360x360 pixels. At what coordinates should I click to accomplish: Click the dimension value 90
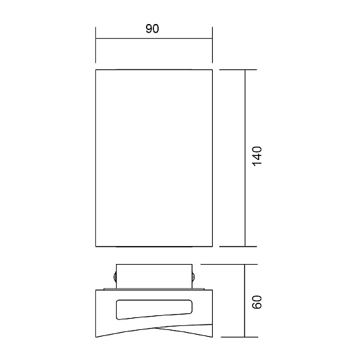point(152,29)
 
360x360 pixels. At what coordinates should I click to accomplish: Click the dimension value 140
point(257,156)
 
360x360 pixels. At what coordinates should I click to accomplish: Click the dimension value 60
point(257,302)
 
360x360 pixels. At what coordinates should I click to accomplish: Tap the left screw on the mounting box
point(115,276)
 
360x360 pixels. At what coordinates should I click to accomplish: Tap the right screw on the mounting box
point(193,276)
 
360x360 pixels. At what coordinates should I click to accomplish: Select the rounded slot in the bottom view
point(154,309)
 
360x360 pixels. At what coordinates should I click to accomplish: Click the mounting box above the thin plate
point(154,276)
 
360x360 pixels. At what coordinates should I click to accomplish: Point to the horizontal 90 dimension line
point(154,39)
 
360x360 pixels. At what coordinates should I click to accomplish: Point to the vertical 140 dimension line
point(245,158)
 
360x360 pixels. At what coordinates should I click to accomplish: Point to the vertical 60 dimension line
point(245,301)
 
